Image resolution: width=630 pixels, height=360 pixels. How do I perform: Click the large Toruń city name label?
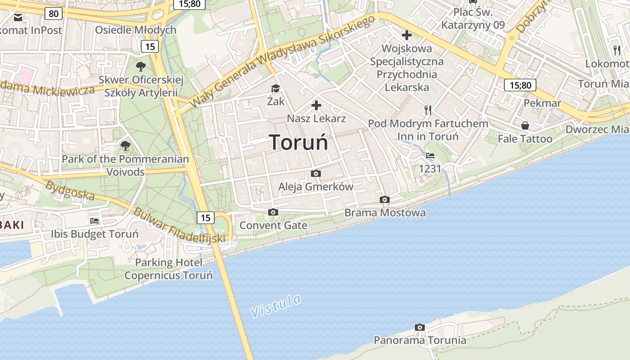[x=299, y=143]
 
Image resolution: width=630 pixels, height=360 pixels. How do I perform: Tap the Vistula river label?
[x=275, y=306]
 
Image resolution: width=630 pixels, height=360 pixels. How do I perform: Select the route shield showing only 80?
[x=54, y=13]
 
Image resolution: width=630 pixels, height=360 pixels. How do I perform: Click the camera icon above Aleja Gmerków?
[x=316, y=173]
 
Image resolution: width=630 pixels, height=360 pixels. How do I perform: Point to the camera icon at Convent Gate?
[x=273, y=212]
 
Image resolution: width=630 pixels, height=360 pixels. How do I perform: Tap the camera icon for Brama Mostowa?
[x=384, y=199]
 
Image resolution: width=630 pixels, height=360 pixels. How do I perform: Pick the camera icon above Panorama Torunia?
[x=420, y=327]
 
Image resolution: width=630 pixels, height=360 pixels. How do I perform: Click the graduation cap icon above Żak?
[x=275, y=88]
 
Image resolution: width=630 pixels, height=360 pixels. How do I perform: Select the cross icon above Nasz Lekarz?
[x=316, y=106]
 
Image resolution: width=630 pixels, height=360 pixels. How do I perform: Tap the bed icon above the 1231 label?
[x=430, y=156]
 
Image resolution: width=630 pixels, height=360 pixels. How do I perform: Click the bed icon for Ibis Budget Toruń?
[x=94, y=221]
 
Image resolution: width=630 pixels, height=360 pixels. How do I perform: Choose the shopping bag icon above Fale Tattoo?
[x=525, y=126]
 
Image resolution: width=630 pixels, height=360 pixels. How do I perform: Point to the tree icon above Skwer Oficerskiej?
[x=141, y=67]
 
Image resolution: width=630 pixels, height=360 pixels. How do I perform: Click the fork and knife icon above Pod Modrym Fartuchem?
[x=428, y=110]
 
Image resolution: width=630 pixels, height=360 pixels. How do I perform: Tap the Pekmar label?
[x=542, y=103]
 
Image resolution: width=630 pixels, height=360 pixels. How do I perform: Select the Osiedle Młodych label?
[x=135, y=30]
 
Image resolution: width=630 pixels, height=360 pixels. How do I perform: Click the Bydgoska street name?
[x=70, y=190]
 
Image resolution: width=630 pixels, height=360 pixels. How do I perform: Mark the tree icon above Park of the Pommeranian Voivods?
[x=125, y=145]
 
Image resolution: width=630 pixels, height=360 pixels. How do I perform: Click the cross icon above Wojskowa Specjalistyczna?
[x=407, y=35]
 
